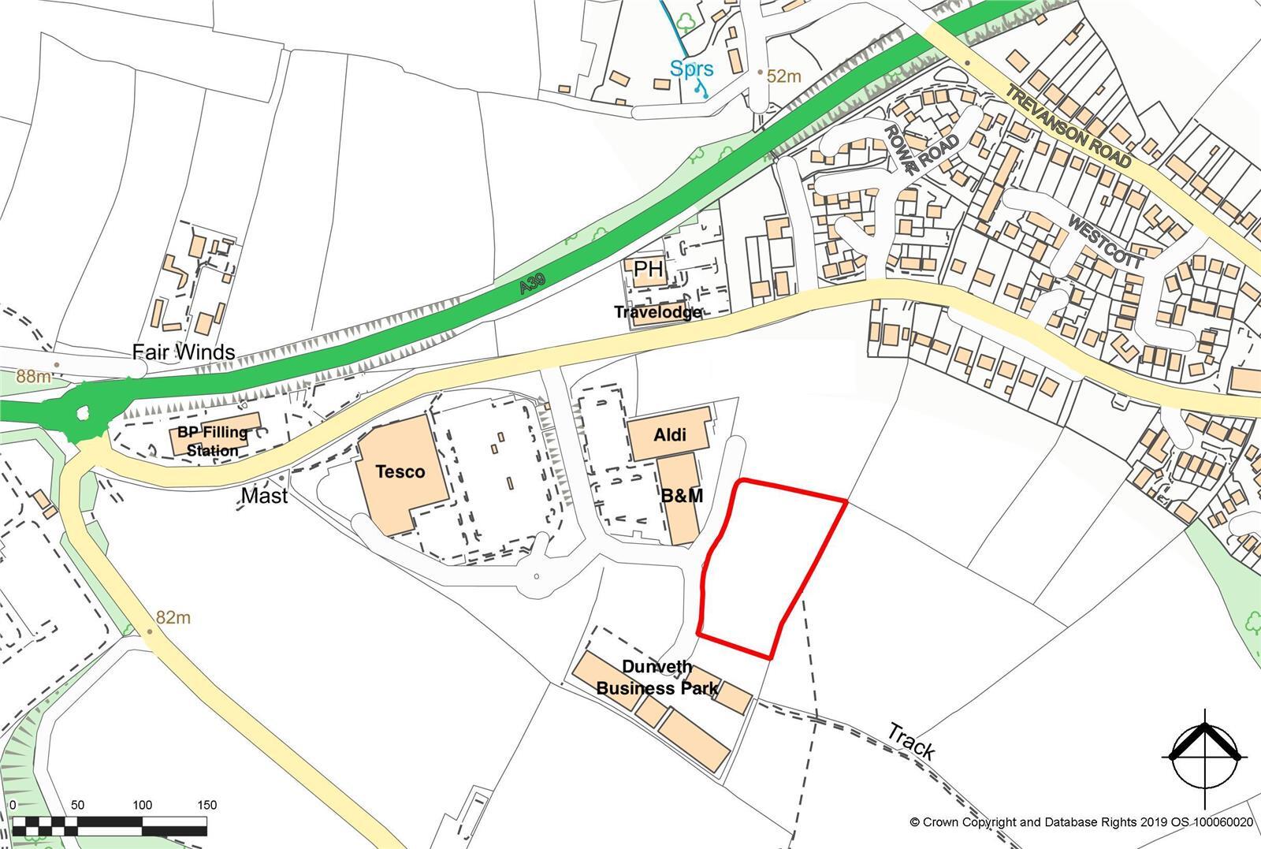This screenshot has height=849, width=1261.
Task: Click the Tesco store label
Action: [x=400, y=471]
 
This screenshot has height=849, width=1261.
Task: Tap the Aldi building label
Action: [x=670, y=434]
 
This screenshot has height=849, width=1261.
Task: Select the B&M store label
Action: [x=683, y=496]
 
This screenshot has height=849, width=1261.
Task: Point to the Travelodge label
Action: [x=658, y=312]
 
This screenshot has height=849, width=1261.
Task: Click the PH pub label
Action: [x=649, y=270]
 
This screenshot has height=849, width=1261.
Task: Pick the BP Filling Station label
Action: [x=212, y=441]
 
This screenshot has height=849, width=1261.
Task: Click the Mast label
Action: [x=264, y=496]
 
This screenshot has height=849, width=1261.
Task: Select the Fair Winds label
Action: [x=183, y=352]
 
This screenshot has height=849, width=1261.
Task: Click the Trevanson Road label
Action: [x=1069, y=127]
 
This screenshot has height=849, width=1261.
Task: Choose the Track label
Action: [x=910, y=741]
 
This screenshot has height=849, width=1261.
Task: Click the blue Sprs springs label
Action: [x=692, y=69]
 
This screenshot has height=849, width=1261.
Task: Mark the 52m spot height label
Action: [x=783, y=76]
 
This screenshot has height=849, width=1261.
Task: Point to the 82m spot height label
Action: [x=173, y=618]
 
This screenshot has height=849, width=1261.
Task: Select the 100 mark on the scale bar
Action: [x=143, y=806]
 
